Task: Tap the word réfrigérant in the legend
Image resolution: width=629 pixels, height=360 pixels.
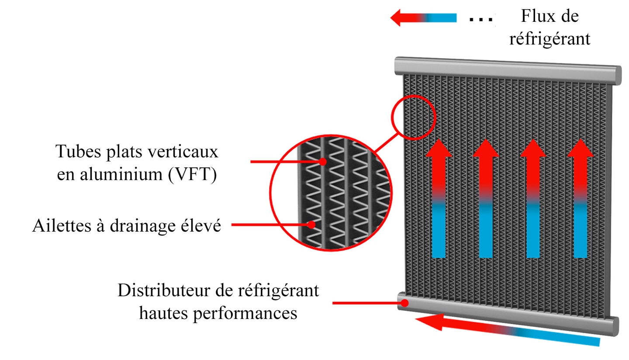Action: pos(550,38)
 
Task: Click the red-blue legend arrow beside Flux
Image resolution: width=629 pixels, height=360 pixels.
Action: pos(423,17)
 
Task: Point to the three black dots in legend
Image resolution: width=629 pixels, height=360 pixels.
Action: pos(481,19)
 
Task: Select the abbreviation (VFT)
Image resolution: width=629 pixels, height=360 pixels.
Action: pos(193,175)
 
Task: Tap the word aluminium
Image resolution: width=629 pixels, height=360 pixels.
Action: pos(121,174)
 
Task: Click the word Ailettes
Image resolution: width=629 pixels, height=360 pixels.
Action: pos(62,225)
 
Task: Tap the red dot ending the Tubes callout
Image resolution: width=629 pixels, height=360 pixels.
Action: pos(323,162)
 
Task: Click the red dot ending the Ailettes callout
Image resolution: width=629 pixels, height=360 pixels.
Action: pos(311,225)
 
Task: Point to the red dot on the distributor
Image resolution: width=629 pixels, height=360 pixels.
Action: pos(404,303)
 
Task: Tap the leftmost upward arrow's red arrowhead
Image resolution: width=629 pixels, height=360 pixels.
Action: pos(439,148)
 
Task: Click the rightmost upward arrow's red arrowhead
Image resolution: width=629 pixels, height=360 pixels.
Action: pos(581,148)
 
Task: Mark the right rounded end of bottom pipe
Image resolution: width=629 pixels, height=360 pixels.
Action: pos(615,326)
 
